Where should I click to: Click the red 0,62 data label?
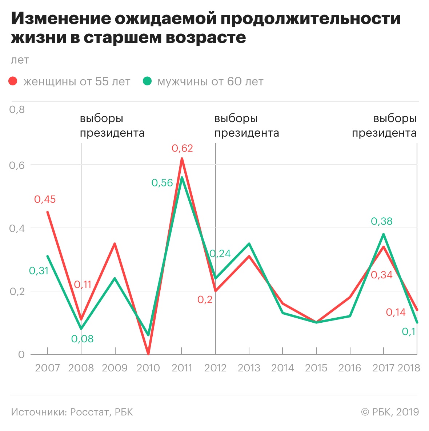(x=182, y=148)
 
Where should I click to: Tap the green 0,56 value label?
(x=162, y=183)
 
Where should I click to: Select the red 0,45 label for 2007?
(x=45, y=200)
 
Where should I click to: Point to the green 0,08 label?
(x=83, y=339)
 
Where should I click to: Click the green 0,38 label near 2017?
(x=382, y=221)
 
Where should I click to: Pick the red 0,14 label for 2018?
(x=396, y=312)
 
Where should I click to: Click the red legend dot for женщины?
(x=13, y=81)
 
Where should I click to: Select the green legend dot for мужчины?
(x=147, y=81)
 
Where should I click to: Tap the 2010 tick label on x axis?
(x=148, y=368)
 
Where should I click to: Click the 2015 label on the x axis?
(x=316, y=368)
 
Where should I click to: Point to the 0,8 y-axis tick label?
(x=17, y=110)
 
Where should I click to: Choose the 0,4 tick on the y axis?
(x=17, y=229)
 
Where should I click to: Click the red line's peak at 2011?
(x=182, y=158)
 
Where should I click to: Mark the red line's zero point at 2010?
(x=148, y=354)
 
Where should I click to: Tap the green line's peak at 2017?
(x=383, y=234)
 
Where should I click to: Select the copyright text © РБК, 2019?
(x=390, y=412)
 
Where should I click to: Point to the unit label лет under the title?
(x=20, y=60)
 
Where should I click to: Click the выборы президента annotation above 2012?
(x=246, y=126)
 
